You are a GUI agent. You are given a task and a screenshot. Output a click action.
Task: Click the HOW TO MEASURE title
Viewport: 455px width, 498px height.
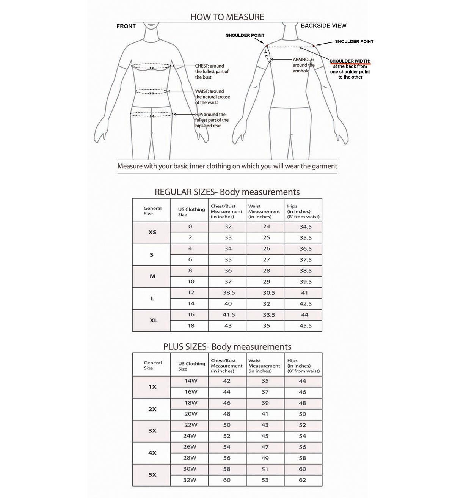227,17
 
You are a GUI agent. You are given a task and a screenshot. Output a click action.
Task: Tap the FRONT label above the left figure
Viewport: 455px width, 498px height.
126,26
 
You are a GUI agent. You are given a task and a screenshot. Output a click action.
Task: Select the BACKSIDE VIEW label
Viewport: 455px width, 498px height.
323,25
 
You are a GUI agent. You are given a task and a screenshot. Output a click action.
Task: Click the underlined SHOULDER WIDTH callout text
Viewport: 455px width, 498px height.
350,61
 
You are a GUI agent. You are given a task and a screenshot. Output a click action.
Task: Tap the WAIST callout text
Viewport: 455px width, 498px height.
204,91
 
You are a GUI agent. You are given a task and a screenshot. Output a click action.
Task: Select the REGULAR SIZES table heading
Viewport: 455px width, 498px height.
227,192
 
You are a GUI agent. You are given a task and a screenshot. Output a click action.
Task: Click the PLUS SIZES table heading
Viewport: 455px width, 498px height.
227,346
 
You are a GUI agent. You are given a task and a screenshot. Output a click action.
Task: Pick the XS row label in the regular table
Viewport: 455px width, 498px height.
152,232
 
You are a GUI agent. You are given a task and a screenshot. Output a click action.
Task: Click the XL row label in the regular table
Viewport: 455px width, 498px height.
153,320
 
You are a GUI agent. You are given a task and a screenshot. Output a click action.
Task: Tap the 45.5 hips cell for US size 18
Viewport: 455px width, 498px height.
305,326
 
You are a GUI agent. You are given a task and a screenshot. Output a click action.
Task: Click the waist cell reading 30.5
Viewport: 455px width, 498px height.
267,293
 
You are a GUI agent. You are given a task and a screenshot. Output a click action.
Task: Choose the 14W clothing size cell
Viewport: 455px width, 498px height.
190,381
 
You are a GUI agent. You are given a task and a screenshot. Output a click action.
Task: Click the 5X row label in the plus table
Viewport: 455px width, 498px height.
152,474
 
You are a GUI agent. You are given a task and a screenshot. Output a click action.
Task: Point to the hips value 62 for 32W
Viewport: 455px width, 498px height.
302,480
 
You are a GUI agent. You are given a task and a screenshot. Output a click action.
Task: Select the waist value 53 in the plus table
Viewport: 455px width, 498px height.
265,480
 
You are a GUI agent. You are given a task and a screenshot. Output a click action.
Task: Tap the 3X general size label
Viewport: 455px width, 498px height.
152,431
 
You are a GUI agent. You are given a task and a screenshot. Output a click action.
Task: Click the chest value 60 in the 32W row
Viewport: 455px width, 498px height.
226,480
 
